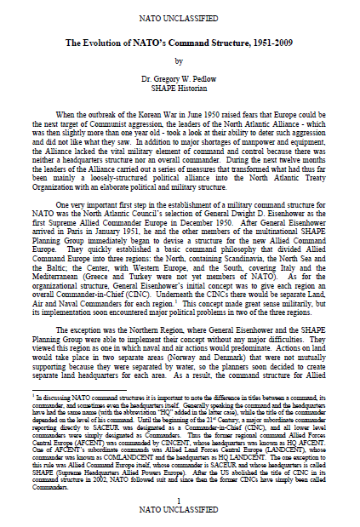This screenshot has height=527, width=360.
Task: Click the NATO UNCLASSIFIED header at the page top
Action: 180,16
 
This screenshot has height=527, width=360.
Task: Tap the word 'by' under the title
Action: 179,60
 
